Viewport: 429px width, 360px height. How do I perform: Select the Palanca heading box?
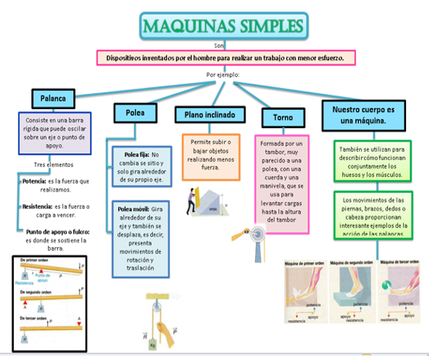[x=53, y=98]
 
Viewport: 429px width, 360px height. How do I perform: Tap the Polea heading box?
[x=135, y=113]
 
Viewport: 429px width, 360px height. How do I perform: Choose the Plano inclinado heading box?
[x=210, y=114]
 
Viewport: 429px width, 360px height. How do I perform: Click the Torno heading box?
[x=283, y=118]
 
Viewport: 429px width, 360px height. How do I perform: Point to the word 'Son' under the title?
[x=219, y=46]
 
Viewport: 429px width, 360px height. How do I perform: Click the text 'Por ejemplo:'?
[x=223, y=75]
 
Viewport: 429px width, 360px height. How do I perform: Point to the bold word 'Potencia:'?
[x=34, y=181]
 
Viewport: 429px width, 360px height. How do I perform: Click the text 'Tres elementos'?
[x=53, y=165]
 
